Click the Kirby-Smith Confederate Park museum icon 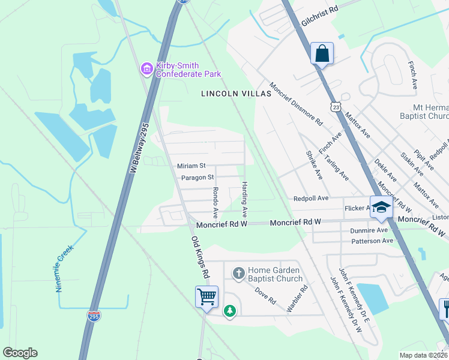[146, 69]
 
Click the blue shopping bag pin [322, 53]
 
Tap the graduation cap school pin [381, 208]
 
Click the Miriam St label [191, 166]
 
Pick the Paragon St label [197, 178]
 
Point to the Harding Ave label [244, 199]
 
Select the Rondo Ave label [214, 202]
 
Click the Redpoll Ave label [311, 198]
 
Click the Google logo [20, 353]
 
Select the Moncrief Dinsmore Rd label [296, 104]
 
